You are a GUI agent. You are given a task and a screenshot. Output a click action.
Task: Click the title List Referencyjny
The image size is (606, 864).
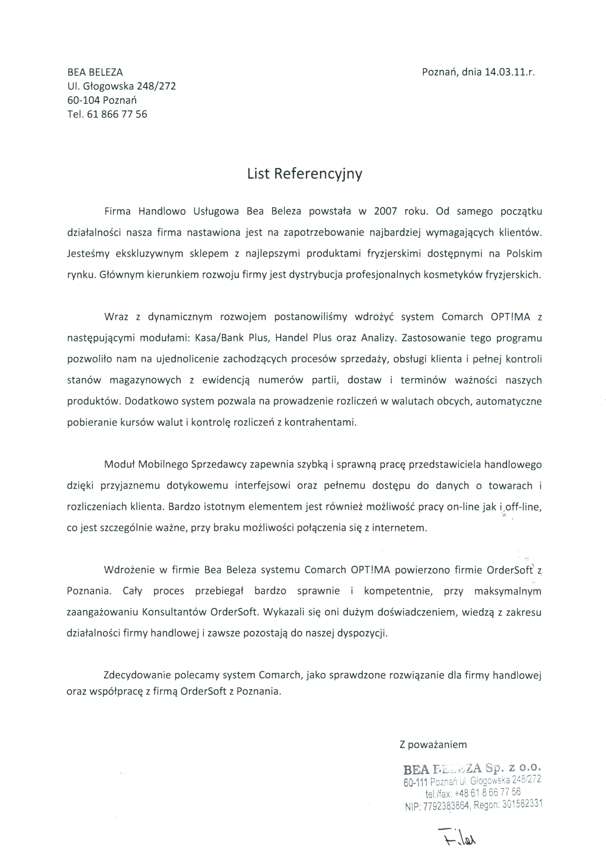pyautogui.click(x=304, y=174)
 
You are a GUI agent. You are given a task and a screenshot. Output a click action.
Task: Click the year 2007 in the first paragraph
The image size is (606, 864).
pyautogui.click(x=385, y=211)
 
